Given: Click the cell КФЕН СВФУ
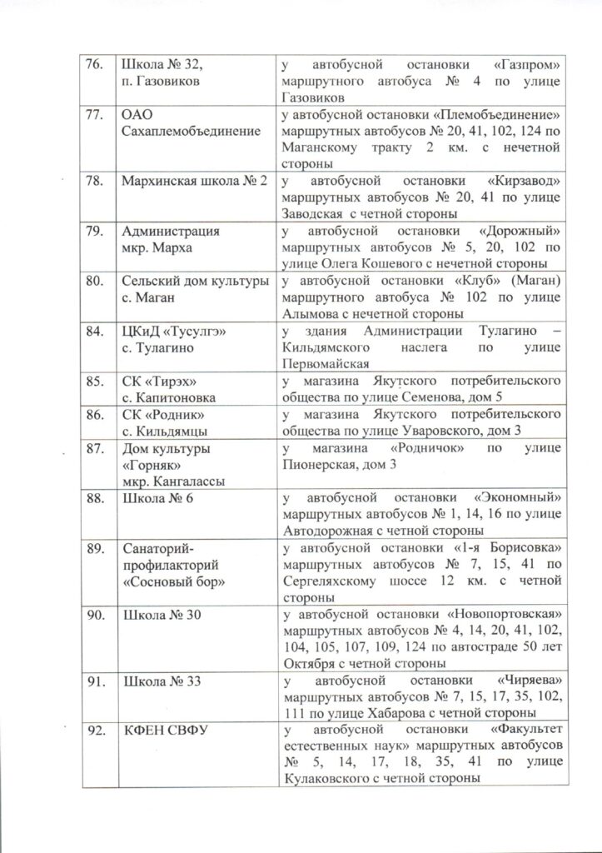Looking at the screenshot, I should [x=166, y=731].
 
